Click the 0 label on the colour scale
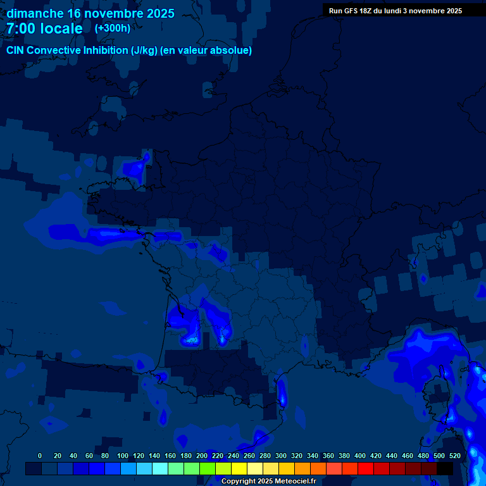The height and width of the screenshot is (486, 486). coord(40,456)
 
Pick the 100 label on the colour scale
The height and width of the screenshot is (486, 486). coord(123,456)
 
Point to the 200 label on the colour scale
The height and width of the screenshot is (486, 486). coord(202,456)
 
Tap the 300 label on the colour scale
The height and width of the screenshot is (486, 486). coord(281,456)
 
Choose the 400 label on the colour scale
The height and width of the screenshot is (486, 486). coord(360,456)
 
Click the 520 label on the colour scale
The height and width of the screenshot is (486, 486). coord(455,456)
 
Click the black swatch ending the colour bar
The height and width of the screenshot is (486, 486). coord(445,469)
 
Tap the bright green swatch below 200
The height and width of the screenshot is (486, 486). coord(208,469)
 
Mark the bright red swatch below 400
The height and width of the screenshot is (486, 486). coord(366,469)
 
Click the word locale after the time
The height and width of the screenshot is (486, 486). coord(62,29)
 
